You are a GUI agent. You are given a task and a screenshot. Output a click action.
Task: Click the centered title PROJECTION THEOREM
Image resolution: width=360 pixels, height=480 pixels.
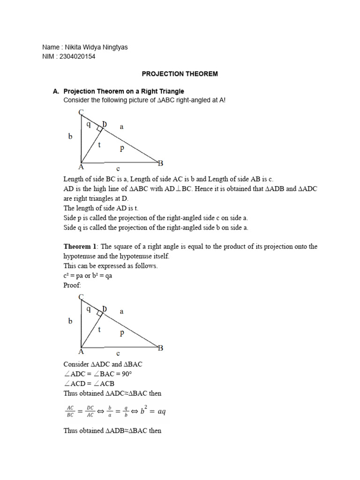click(x=180, y=74)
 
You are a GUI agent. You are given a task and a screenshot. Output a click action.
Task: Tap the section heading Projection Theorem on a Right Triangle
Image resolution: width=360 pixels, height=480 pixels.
click(x=124, y=91)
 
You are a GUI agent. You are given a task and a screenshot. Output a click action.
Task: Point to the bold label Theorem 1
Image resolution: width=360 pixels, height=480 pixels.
click(x=80, y=247)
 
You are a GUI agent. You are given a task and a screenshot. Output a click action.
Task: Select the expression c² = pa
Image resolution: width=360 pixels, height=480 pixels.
click(x=75, y=276)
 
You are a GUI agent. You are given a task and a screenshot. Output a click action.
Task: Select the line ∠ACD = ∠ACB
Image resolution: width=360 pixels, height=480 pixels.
click(x=89, y=383)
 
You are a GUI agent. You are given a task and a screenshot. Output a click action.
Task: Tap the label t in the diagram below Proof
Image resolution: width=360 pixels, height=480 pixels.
click(x=99, y=330)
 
